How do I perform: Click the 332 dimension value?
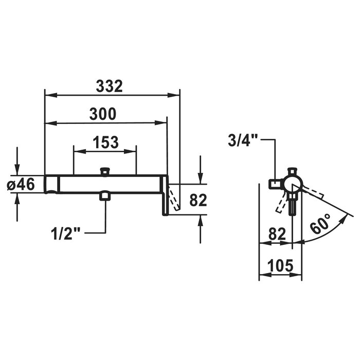pyautogui.click(x=109, y=86)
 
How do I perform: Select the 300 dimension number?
pyautogui.click(x=103, y=114)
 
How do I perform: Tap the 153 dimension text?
pyautogui.click(x=105, y=142)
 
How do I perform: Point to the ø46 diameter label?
pyautogui.click(x=21, y=184)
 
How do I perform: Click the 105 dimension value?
pyautogui.click(x=281, y=266)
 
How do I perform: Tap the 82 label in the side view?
pyautogui.click(x=277, y=234)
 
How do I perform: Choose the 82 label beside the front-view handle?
pyautogui.click(x=198, y=200)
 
